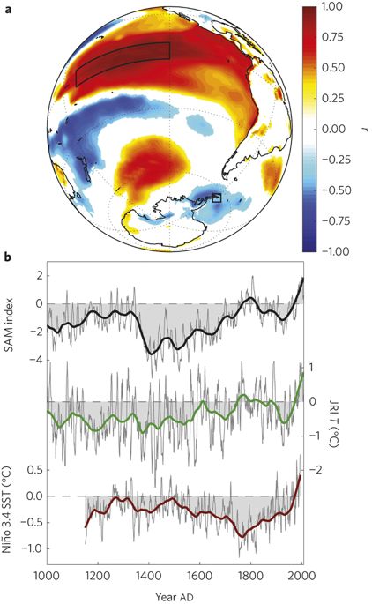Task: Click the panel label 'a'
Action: click(7, 9)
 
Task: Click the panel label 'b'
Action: click(8, 257)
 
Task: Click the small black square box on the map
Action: click(217, 198)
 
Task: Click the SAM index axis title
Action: click(9, 324)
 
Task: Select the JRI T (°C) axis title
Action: click(333, 422)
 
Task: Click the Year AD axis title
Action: click(175, 597)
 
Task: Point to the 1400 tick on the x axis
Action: click(149, 577)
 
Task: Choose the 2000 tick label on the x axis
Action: click(302, 577)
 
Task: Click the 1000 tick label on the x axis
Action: click(47, 577)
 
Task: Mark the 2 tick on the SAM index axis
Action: click(40, 276)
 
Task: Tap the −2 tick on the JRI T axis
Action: click(317, 470)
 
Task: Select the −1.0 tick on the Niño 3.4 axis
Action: click(31, 548)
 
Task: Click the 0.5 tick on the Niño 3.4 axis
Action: click(34, 470)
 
